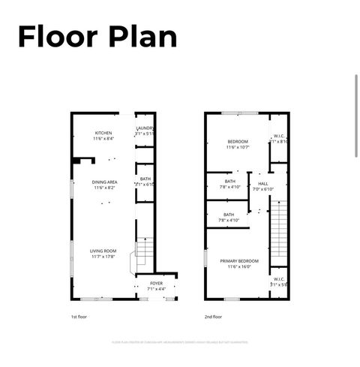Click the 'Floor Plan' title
(x=97, y=36)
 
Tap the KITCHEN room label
(x=103, y=133)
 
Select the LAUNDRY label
(x=145, y=128)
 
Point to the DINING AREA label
(x=104, y=182)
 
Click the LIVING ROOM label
(x=103, y=251)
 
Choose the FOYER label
(x=156, y=283)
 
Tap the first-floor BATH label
(x=145, y=179)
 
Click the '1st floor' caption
(x=79, y=317)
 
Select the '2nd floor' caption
(x=214, y=317)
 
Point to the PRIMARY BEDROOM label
(x=238, y=261)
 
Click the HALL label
(x=263, y=183)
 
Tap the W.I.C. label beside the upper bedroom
(x=278, y=136)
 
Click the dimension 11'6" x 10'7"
(x=238, y=147)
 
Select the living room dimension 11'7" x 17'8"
(x=103, y=257)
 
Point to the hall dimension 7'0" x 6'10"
(x=263, y=189)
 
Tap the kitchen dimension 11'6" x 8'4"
(x=103, y=139)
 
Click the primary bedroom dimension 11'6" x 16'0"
(x=238, y=267)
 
